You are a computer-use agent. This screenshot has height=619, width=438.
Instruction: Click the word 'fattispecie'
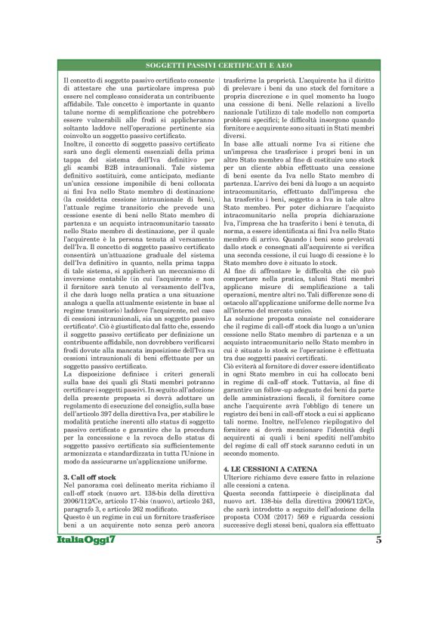[301, 537]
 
